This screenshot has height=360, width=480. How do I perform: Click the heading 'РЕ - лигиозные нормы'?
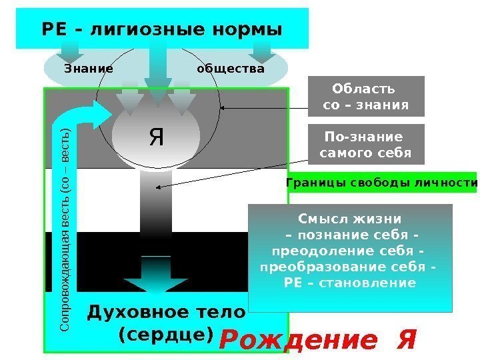point(162,30)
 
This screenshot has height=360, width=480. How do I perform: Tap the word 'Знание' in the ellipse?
point(89,69)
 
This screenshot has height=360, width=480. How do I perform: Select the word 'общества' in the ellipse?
point(231,69)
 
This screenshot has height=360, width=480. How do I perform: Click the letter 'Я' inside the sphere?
point(156,138)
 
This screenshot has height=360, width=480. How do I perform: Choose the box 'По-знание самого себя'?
point(365,145)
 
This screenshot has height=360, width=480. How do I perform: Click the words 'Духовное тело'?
point(167,312)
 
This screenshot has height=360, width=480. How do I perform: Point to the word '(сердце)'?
point(165,333)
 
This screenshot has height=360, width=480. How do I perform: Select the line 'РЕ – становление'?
point(349,283)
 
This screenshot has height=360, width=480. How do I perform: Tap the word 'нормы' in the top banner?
point(255,30)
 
